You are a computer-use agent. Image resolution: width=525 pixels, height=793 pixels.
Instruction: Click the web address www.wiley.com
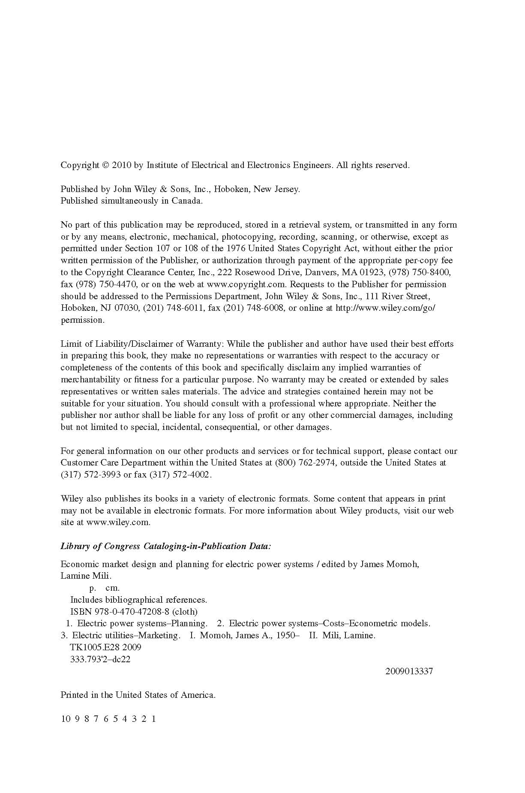118,523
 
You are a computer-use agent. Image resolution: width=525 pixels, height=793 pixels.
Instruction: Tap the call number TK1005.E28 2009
105,647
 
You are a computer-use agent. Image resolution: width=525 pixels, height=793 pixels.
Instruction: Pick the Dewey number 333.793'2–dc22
100,659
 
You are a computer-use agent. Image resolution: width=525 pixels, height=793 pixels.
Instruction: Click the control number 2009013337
409,671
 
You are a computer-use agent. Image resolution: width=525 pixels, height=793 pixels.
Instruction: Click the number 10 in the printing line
66,719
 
